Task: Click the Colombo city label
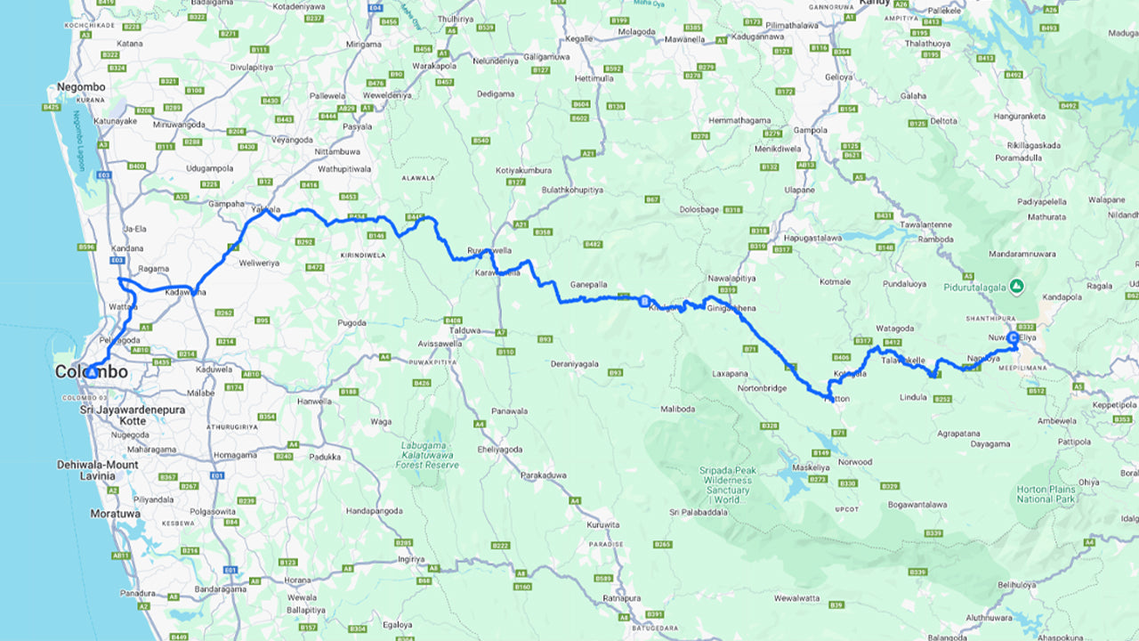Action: pyautogui.click(x=91, y=372)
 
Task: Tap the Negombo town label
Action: pyautogui.click(x=81, y=87)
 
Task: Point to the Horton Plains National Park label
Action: pyautogui.click(x=1046, y=493)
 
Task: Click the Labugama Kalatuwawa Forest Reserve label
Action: pyautogui.click(x=429, y=456)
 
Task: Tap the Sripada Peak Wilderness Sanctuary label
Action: pyautogui.click(x=728, y=485)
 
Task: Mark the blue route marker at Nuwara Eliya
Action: pyautogui.click(x=1013, y=338)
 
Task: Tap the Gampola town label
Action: pyautogui.click(x=811, y=130)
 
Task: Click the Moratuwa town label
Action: pyautogui.click(x=112, y=514)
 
